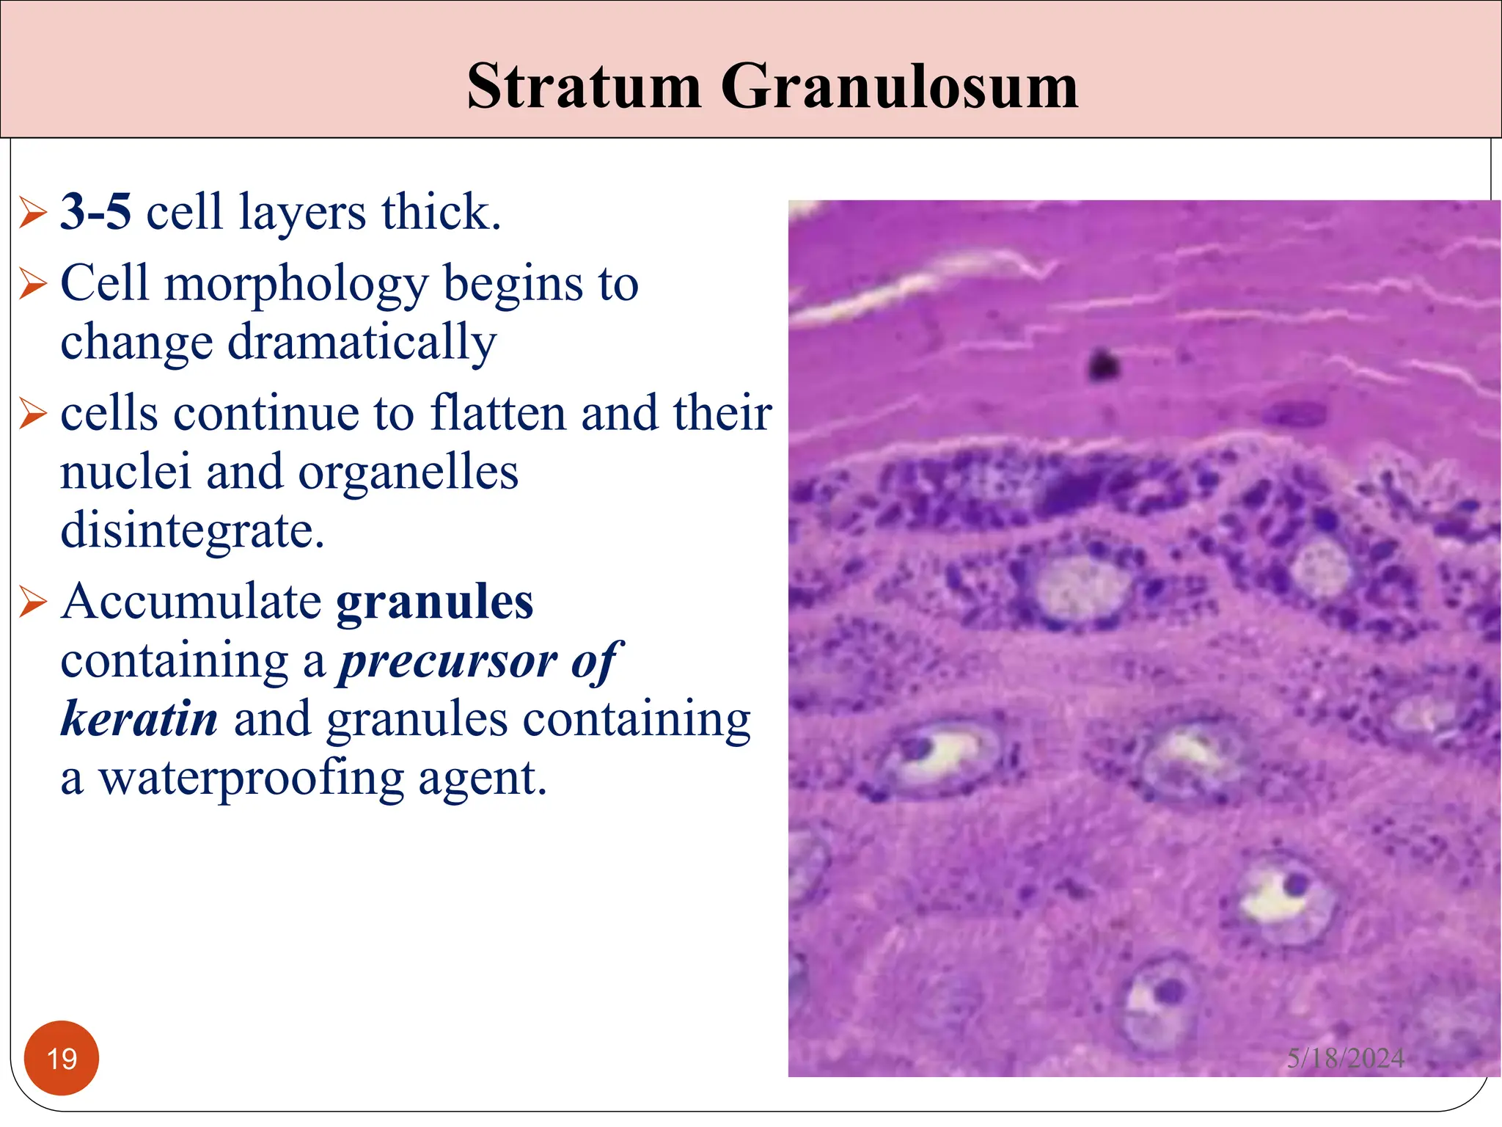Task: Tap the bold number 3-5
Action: pos(95,212)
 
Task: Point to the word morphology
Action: pos(296,285)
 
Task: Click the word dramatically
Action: pos(362,343)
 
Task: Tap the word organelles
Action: pos(408,472)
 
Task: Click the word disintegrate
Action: pos(192,530)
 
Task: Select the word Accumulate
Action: pos(191,602)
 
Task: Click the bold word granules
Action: pos(434,602)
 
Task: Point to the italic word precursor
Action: pos(448,662)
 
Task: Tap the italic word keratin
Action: pos(139,719)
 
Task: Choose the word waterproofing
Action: pos(251,778)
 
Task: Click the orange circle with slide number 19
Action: pos(62,1058)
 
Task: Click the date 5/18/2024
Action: pos(1345,1058)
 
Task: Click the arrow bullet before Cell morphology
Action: pos(33,285)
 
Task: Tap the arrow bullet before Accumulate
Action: pos(33,602)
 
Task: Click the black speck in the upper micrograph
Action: pos(1102,364)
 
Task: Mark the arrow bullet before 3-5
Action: pos(33,213)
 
